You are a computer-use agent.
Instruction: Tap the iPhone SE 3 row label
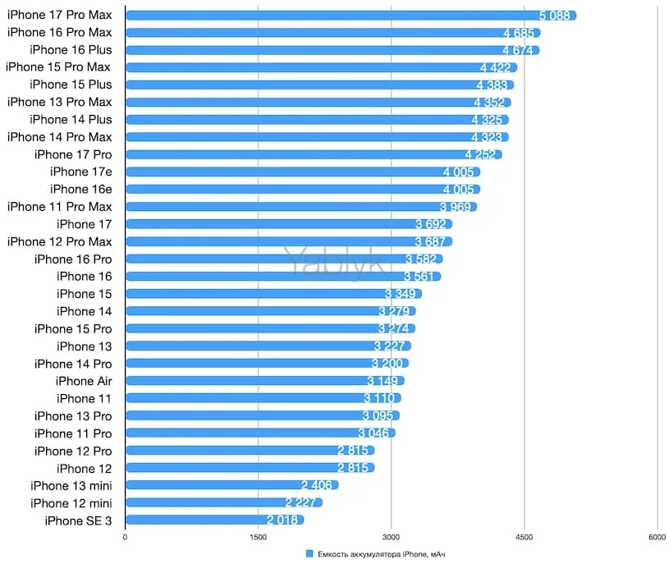pos(78,520)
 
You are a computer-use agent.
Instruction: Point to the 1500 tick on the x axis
pos(258,538)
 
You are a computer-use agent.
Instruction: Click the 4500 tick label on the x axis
pos(525,538)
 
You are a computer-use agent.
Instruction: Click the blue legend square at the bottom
pos(309,554)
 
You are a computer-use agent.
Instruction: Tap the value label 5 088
pos(555,15)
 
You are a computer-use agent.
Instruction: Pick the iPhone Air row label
pos(84,381)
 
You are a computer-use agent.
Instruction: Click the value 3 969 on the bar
pos(456,207)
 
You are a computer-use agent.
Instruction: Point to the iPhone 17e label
pos(80,172)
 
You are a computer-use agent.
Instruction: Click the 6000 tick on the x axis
pos(658,538)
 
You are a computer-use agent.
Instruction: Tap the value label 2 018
pos(284,520)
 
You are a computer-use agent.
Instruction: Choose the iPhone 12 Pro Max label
pos(59,241)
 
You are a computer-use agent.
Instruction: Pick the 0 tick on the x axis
pos(125,538)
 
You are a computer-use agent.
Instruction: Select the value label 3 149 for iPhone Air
pos(383,381)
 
